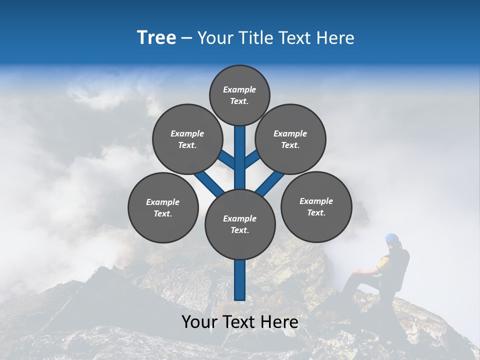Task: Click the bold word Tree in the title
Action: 156,38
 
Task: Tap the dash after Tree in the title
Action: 186,38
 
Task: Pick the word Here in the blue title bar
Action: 335,38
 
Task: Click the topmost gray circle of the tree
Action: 239,95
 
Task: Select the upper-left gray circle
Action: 187,139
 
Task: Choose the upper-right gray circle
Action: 290,139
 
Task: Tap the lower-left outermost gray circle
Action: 163,207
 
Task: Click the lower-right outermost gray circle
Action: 316,206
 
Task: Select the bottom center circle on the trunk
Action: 240,224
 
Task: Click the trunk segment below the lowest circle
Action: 240,280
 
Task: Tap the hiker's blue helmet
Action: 392,238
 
